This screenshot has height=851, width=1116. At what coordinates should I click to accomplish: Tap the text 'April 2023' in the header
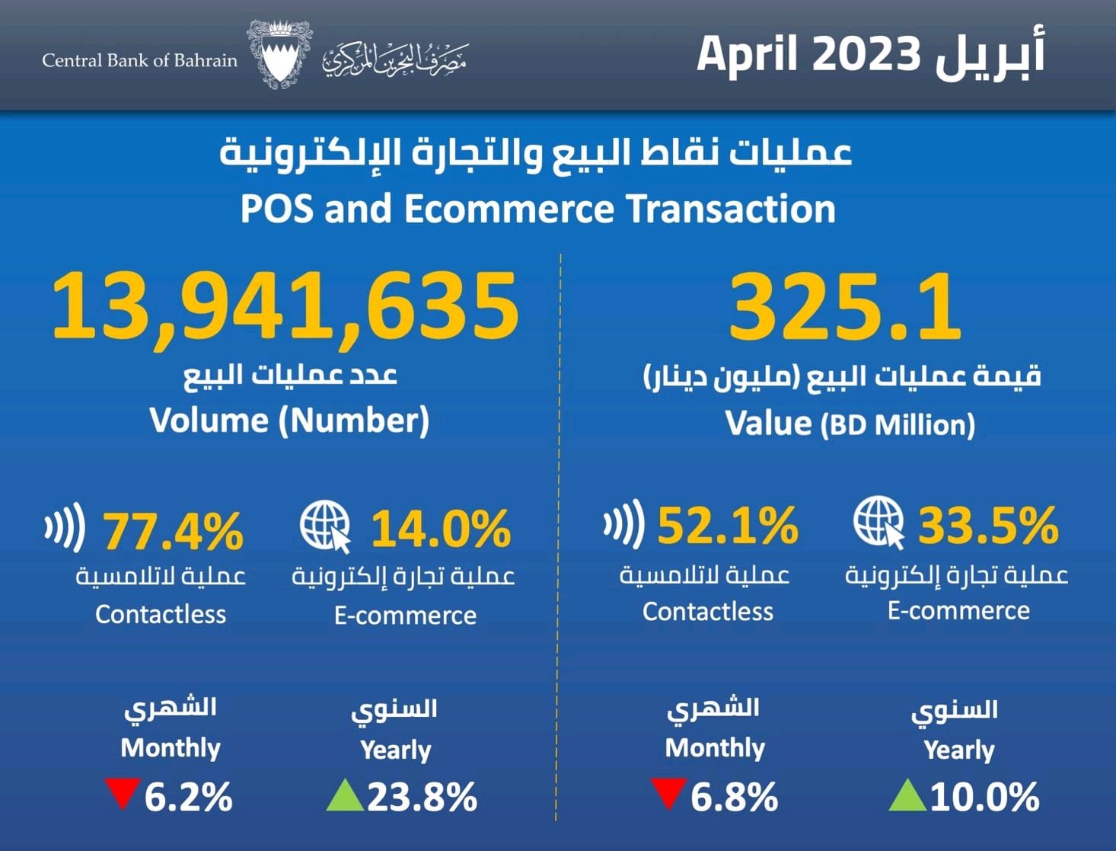click(x=809, y=55)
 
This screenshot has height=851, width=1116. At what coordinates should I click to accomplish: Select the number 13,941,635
click(x=285, y=306)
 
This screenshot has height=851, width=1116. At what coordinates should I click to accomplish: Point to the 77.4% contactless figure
click(x=174, y=530)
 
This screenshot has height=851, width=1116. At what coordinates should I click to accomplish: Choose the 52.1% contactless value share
click(x=728, y=526)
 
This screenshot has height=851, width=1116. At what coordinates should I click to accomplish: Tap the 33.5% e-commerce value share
click(x=988, y=525)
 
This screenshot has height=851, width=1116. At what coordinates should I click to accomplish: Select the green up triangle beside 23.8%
click(x=344, y=795)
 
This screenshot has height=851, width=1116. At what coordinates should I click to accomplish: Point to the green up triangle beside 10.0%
click(x=907, y=795)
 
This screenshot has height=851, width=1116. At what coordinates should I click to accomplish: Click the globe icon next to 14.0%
click(x=325, y=526)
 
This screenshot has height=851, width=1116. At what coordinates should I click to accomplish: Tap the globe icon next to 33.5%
click(x=878, y=522)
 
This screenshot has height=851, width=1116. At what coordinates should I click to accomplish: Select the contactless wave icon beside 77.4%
click(x=65, y=526)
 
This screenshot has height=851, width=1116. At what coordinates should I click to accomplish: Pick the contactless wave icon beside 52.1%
click(x=624, y=524)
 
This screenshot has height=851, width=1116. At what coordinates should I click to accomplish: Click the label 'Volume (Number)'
click(x=289, y=421)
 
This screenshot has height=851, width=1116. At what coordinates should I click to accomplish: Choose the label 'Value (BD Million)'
click(x=850, y=424)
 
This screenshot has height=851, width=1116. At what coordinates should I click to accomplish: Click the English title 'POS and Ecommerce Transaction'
click(x=537, y=209)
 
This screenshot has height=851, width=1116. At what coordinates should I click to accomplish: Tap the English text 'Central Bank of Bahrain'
click(x=139, y=60)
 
